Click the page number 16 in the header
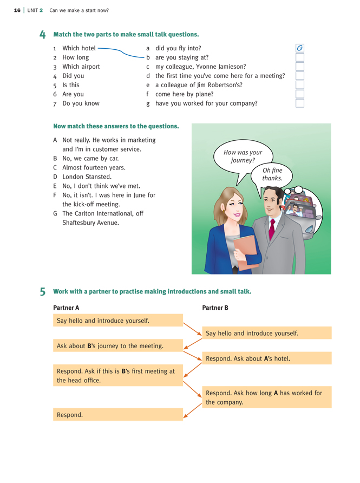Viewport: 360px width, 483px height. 17,10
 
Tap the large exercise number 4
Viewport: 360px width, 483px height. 43,35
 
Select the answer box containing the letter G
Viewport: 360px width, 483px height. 300,48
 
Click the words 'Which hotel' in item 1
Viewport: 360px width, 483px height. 79,48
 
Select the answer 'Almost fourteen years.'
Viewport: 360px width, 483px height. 94,168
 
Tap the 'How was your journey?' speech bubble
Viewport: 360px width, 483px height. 243,156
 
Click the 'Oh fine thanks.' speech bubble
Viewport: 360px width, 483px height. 272,174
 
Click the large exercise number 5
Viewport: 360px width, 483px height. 43,292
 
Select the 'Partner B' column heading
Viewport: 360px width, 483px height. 215,308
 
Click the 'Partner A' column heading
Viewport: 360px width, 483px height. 66,308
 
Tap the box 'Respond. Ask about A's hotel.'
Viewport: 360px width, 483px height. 267,358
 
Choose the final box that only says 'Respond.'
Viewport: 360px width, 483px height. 118,415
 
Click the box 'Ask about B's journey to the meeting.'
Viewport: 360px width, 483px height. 118,345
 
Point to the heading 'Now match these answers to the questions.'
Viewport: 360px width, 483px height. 116,126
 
